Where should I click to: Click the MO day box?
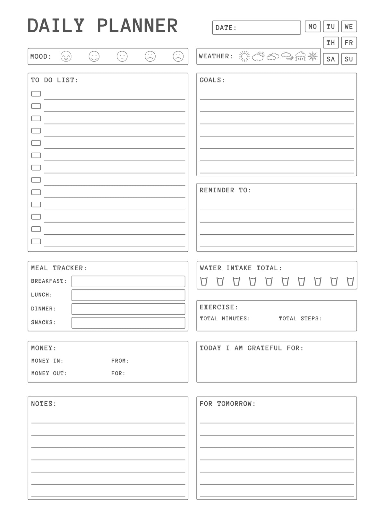point(312,27)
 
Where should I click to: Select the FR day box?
point(349,43)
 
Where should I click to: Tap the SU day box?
point(349,59)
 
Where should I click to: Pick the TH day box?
point(331,43)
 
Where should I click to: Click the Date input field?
point(256,28)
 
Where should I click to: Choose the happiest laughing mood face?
point(66,56)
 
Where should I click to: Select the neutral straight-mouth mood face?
point(122,56)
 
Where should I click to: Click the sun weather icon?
point(244,56)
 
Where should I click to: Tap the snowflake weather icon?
point(312,56)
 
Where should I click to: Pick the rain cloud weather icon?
point(300,56)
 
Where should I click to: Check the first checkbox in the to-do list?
point(36,94)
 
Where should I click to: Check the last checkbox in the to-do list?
point(36,241)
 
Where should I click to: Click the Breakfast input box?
point(128,281)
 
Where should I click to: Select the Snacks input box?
point(128,323)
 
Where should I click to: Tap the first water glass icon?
point(204,281)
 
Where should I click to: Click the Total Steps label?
point(300,318)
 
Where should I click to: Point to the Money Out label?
point(49,373)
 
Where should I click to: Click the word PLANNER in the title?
point(137,26)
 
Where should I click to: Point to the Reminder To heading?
point(225,190)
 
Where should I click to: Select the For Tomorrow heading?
point(227,404)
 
